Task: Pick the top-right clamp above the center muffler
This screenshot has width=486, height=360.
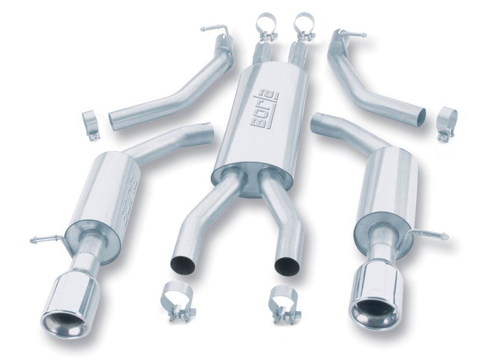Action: [x=304, y=25]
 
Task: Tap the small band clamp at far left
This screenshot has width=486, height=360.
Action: [x=91, y=126]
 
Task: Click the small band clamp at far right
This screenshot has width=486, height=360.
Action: [x=447, y=123]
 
